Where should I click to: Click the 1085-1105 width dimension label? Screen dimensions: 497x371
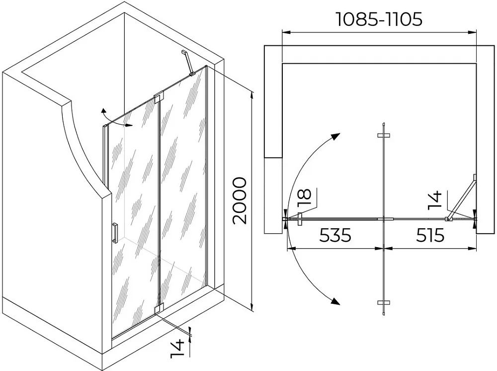379,20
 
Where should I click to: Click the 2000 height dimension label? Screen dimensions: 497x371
240,201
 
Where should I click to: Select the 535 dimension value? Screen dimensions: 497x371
335,235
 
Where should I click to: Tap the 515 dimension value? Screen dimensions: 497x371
430,235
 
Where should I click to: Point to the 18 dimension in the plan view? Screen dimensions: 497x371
305,198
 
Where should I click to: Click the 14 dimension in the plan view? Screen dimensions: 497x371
434,200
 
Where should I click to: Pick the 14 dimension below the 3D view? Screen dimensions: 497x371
177,349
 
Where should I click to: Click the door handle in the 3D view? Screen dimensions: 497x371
115,233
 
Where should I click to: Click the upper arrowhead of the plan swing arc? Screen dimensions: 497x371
335,137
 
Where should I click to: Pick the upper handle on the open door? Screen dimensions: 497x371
384,135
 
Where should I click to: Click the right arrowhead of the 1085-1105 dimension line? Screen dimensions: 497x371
473,32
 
